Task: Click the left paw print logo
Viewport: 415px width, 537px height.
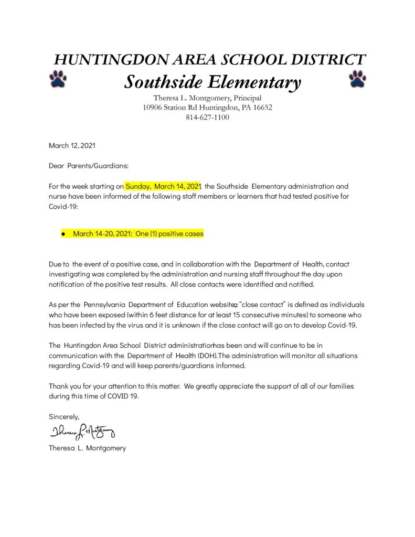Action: click(58, 78)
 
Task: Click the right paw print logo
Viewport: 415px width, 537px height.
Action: click(357, 78)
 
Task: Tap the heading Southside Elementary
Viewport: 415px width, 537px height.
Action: click(212, 82)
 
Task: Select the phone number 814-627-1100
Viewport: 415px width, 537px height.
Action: click(207, 117)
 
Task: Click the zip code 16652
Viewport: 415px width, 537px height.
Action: click(261, 108)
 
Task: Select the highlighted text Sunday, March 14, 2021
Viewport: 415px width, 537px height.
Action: click(163, 186)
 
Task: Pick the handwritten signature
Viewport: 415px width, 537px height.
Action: click(82, 432)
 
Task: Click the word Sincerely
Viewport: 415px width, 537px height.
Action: click(64, 417)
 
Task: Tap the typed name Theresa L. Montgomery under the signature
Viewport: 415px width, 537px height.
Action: click(87, 448)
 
